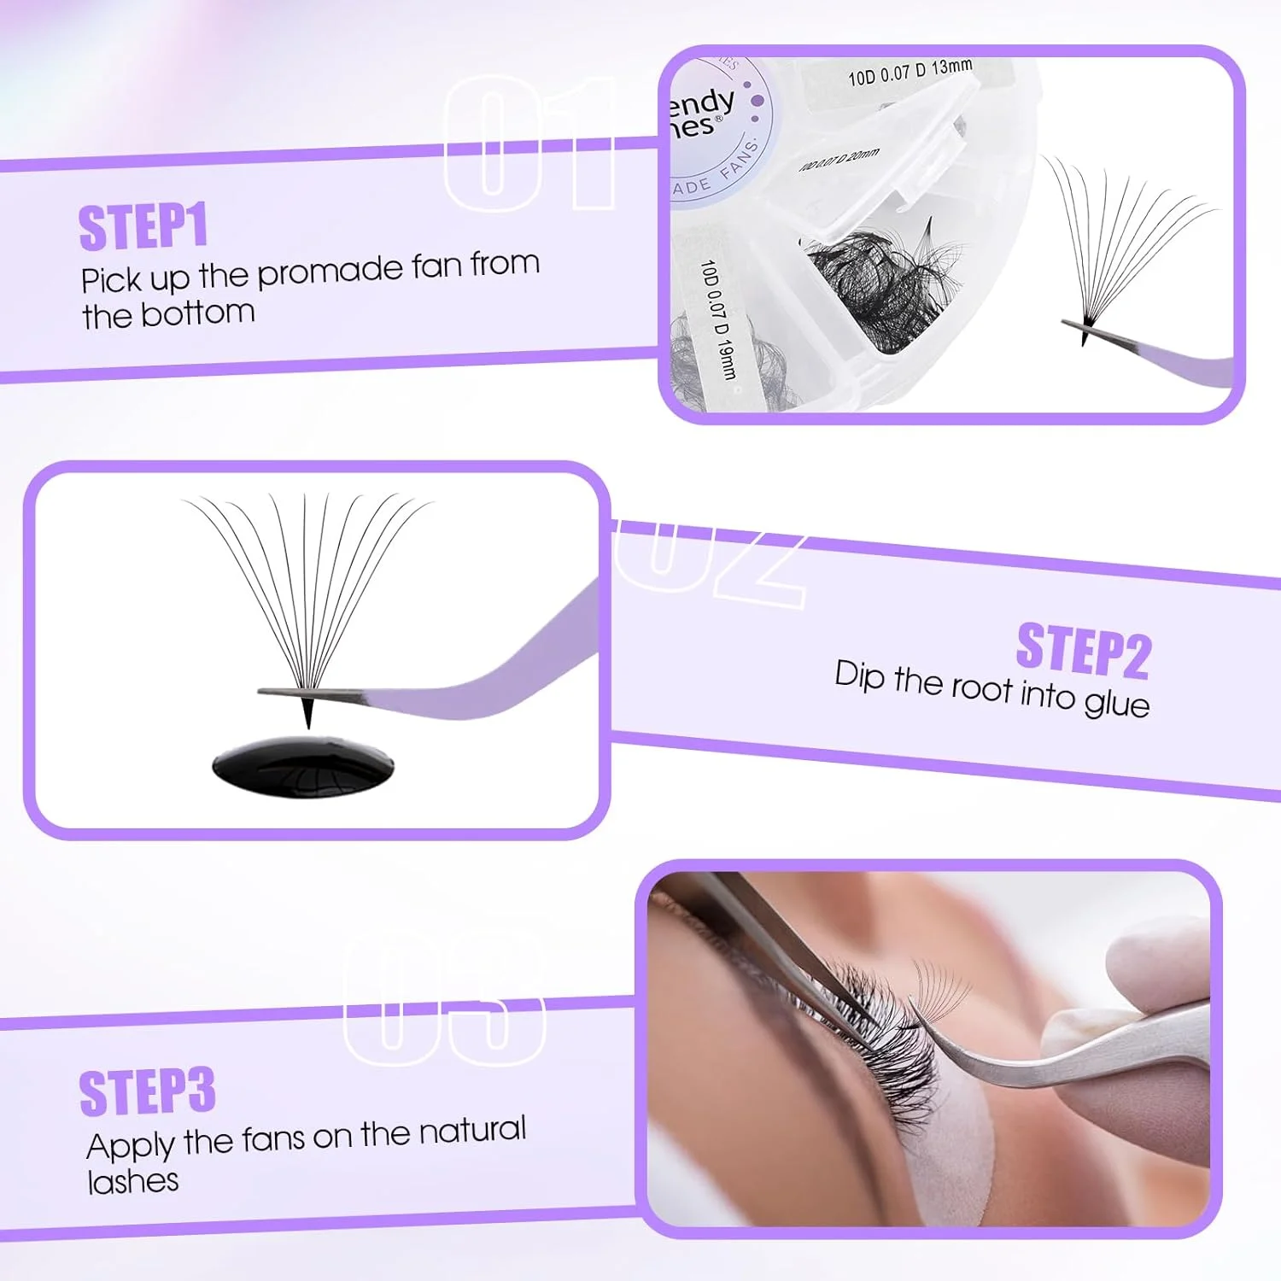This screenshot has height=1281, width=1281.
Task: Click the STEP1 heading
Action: (x=143, y=227)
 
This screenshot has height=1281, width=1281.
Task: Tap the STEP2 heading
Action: (x=1083, y=651)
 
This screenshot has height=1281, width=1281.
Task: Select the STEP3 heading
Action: (x=147, y=1092)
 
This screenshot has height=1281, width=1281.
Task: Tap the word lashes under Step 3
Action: (x=133, y=1182)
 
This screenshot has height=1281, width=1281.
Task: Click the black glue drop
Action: (x=303, y=767)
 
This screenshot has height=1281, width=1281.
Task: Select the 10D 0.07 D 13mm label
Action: (x=910, y=72)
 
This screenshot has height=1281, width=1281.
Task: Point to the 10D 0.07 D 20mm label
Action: (x=839, y=160)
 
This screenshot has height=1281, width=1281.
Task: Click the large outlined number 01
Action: (x=529, y=143)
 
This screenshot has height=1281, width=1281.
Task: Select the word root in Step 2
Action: (x=981, y=687)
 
